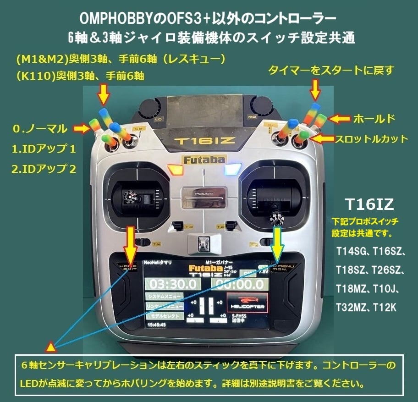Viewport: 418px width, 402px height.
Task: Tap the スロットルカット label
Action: pyautogui.click(x=371, y=139)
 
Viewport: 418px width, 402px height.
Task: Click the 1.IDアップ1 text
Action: pyautogui.click(x=44, y=149)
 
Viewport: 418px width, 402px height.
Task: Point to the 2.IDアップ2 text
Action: pyautogui.click(x=44, y=168)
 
